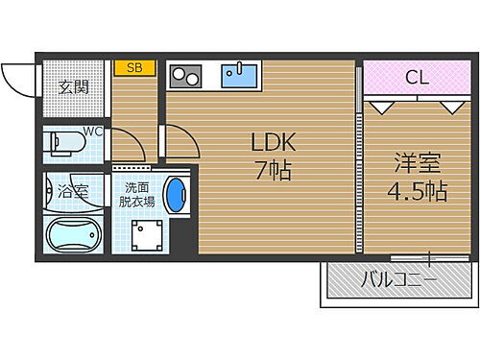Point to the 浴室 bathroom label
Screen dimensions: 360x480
73,191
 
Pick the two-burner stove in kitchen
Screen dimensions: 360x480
184,75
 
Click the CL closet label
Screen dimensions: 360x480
416,76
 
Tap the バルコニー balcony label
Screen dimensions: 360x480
398,281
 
